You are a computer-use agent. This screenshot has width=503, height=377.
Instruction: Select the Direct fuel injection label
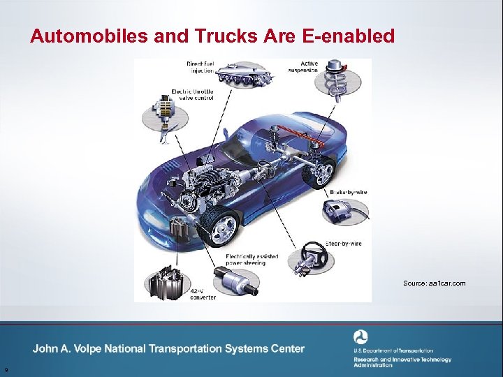(x=201, y=67)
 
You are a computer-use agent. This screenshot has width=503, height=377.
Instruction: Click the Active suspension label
(x=303, y=67)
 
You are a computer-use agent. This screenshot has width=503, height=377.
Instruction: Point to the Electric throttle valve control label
(x=193, y=94)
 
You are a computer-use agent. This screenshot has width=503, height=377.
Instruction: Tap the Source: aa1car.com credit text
(x=434, y=283)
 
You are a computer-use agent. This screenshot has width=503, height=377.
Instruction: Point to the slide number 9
(x=6, y=369)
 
